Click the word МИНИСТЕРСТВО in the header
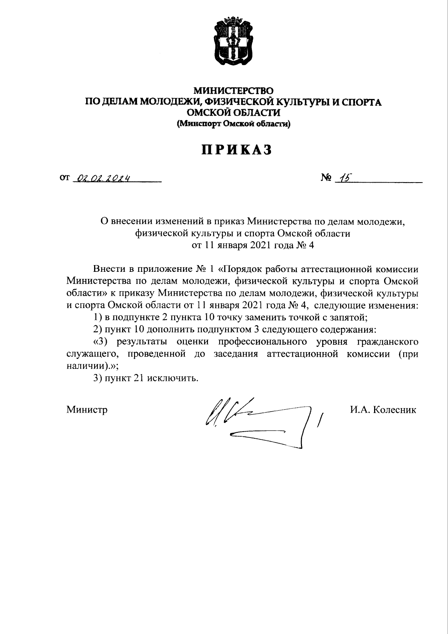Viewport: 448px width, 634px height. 233,91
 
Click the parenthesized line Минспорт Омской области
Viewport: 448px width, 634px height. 233,124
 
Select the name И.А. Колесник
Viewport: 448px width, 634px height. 383,410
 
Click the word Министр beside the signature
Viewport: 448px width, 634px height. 87,410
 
